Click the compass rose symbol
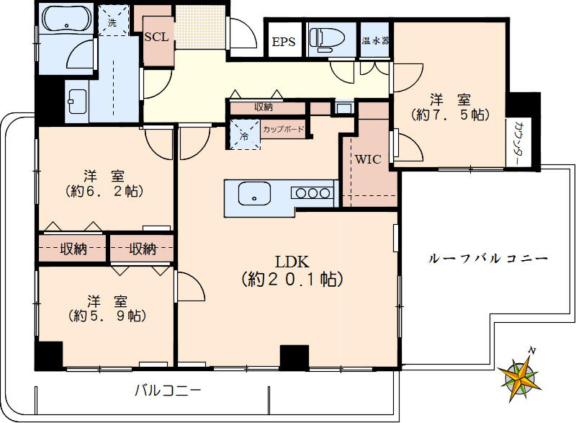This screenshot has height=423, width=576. point(523,373)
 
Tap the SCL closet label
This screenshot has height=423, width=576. point(156,38)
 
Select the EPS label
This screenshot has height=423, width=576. point(283,41)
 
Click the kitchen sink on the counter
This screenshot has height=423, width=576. point(253,193)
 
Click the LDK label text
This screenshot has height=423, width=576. point(290,261)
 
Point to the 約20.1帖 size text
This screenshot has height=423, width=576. point(290,278)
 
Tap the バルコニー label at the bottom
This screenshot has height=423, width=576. point(167,391)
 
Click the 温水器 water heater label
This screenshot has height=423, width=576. point(376,40)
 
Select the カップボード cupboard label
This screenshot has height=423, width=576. point(283,130)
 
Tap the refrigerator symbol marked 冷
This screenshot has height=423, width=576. point(243,135)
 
